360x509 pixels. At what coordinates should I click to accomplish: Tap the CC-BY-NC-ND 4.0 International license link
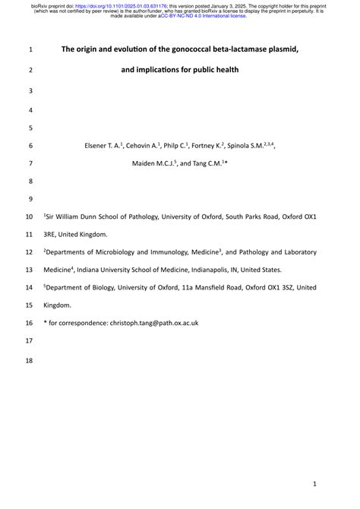coord(203,15)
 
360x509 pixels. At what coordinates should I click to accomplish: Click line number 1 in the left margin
coord(30,49)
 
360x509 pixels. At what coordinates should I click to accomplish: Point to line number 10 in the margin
coord(30,217)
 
